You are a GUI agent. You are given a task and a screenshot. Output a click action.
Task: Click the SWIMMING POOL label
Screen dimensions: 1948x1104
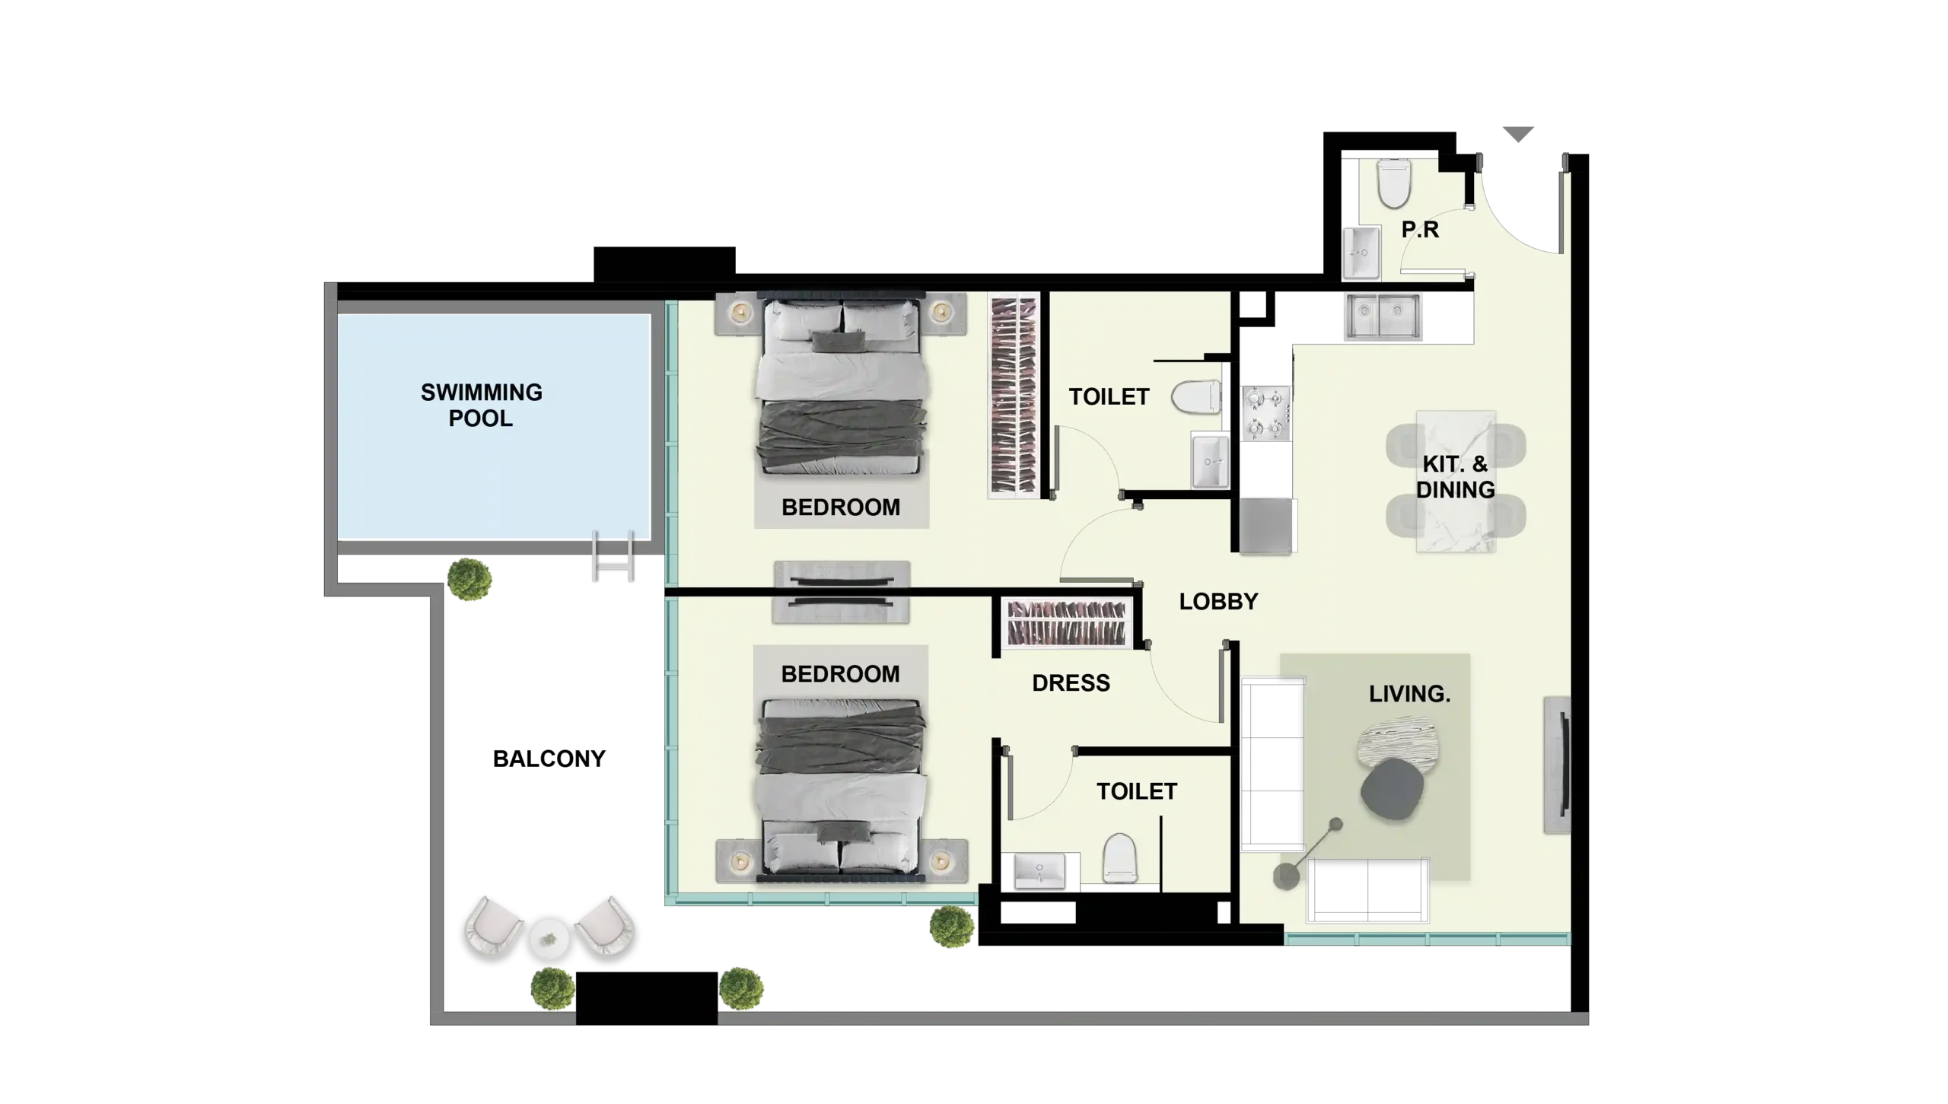click(x=481, y=405)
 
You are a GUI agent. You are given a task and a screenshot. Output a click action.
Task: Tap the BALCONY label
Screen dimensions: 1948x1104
click(x=549, y=759)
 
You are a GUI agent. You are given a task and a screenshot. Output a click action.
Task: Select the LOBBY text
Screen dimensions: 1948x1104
click(x=1218, y=601)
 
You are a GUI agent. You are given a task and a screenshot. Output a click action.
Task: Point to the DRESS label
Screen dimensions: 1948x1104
click(x=1071, y=682)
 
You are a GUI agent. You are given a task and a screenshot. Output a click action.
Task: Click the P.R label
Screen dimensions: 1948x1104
click(x=1420, y=229)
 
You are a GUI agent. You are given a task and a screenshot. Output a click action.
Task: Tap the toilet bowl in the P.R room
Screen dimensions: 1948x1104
click(x=1394, y=183)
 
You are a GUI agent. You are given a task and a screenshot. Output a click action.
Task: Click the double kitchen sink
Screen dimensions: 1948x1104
click(x=1382, y=316)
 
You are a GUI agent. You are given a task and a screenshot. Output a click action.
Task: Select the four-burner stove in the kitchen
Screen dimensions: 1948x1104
click(x=1266, y=413)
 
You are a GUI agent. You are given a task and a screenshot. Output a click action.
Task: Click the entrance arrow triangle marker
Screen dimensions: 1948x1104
click(x=1518, y=135)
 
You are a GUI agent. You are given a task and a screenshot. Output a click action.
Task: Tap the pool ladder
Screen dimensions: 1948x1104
click(x=613, y=556)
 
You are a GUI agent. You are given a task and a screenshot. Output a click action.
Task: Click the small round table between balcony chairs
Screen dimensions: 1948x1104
click(x=549, y=938)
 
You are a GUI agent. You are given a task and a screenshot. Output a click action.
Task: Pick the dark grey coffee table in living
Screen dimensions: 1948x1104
click(x=1392, y=789)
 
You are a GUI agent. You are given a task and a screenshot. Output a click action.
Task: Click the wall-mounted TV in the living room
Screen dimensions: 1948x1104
click(x=1558, y=765)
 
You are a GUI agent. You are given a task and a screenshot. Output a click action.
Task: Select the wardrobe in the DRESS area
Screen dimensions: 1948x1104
click(x=1066, y=622)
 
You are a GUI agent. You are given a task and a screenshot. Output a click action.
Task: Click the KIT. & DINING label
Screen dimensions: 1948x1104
click(x=1455, y=476)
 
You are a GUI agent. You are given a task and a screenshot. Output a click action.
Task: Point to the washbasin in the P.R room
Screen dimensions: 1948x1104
click(x=1361, y=253)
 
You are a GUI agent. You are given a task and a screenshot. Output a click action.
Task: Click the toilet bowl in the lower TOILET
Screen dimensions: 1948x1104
click(x=1119, y=857)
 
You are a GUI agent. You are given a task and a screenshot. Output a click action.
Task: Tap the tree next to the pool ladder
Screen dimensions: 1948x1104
click(x=469, y=579)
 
